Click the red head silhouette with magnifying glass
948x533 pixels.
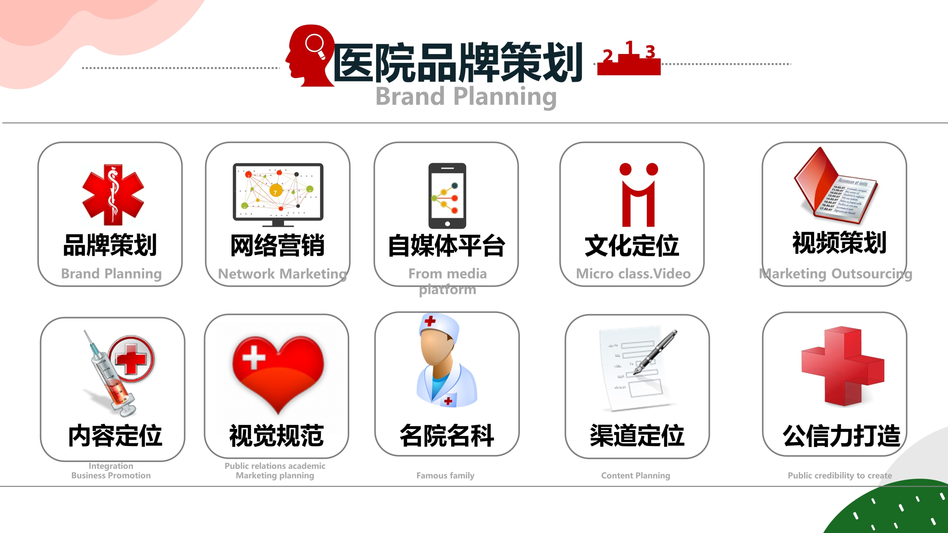coord(309,56)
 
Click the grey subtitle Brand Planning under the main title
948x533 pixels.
coord(466,97)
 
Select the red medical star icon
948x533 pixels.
coord(113,195)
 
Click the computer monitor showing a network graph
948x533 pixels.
coord(278,195)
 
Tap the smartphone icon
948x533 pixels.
coord(447,196)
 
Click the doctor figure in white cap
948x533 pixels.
coord(447,361)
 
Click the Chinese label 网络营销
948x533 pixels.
coord(277,245)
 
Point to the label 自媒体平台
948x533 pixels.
coord(446,245)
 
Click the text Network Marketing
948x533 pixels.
coord(283,274)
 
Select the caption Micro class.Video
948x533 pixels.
coord(633,274)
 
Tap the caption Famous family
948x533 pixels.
coord(445,476)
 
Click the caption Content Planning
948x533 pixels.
coord(635,476)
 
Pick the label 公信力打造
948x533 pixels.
coord(841,436)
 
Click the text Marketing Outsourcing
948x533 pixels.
coord(836,274)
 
